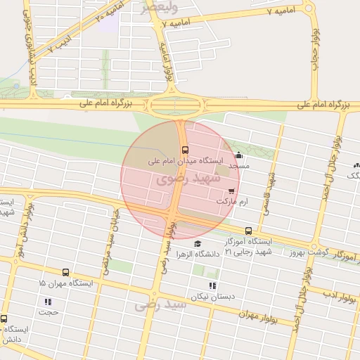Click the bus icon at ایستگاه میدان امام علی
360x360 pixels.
185,150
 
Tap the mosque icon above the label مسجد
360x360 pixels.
238,155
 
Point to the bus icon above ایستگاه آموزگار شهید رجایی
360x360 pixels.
248,231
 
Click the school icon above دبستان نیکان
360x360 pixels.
213,285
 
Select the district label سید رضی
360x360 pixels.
161,304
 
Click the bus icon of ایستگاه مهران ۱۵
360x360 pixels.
65,273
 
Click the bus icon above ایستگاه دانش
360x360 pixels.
4,319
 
